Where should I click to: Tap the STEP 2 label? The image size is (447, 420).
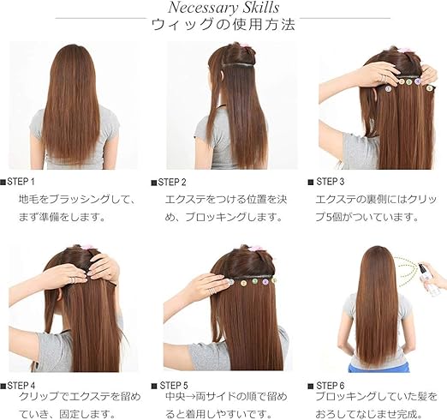coord(171,182)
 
